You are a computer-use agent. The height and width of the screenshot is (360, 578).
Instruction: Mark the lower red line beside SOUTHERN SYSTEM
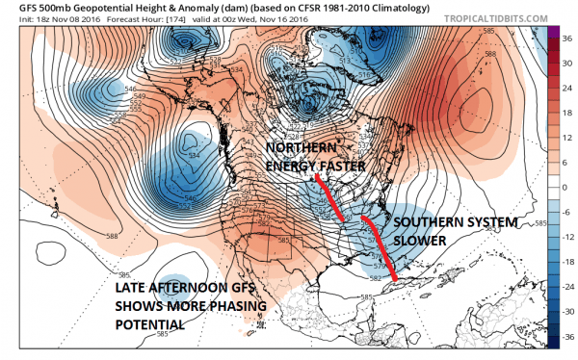click(378, 246)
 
